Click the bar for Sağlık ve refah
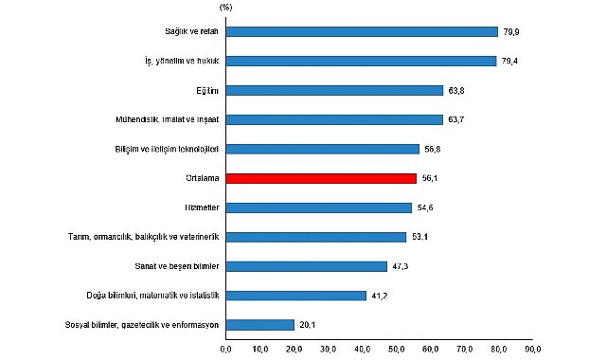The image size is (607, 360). pyautogui.click(x=362, y=31)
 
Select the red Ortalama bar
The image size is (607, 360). pyautogui.click(x=321, y=177)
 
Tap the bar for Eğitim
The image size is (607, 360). pyautogui.click(x=334, y=90)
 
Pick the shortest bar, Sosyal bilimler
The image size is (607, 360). pyautogui.click(x=260, y=324)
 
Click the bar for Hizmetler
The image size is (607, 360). pyautogui.click(x=319, y=207)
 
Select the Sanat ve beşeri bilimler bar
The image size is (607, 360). pyautogui.click(x=306, y=265)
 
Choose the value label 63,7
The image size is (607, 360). pyautogui.click(x=457, y=119)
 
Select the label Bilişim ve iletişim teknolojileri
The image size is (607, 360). pyautogui.click(x=167, y=149)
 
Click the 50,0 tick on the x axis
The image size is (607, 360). pyautogui.click(x=397, y=350)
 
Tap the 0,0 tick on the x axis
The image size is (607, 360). pyautogui.click(x=226, y=350)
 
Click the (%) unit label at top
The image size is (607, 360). pyautogui.click(x=225, y=8)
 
